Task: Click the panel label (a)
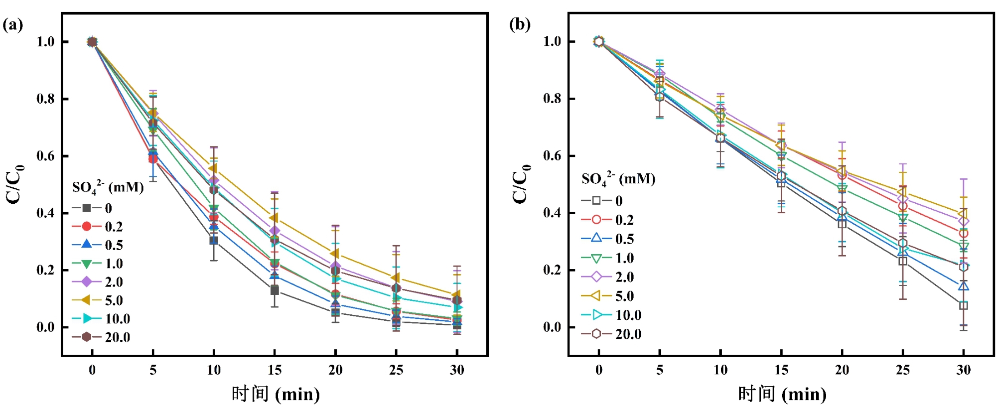tap(13, 25)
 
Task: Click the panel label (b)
tap(520, 24)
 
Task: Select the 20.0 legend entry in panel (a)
tap(102, 337)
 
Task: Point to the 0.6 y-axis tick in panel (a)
tap(45, 156)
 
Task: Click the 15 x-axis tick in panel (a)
tap(275, 370)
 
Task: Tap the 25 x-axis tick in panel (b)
tap(903, 370)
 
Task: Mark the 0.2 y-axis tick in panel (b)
tap(552, 270)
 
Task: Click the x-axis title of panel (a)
tap(276, 394)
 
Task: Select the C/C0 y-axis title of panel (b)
tap(521, 184)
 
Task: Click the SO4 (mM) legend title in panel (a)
tap(108, 187)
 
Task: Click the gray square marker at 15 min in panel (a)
tap(275, 290)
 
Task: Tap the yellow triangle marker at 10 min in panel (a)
tap(213, 168)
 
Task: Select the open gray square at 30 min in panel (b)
tap(964, 305)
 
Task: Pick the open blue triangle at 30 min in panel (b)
tap(964, 286)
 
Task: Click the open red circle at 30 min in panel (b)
tap(964, 233)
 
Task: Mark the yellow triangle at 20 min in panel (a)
tap(335, 254)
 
